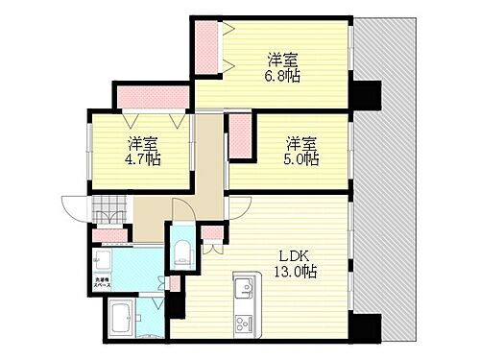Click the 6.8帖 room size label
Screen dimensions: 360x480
285,76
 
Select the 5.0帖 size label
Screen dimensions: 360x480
300,159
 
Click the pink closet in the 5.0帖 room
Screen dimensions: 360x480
240,138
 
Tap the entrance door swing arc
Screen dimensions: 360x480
74,206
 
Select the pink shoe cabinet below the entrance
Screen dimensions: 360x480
112,234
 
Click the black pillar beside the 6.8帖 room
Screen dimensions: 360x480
365,96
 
